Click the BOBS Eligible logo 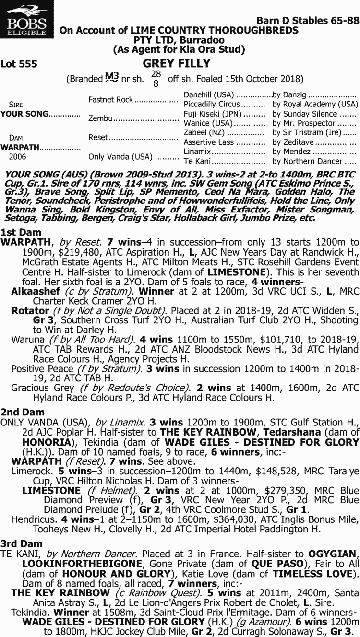pos(27,20)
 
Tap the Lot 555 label pos(19,64)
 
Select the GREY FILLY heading pos(177,63)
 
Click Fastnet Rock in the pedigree pos(110,100)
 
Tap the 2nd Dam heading pos(16,412)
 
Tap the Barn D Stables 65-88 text pos(308,21)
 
